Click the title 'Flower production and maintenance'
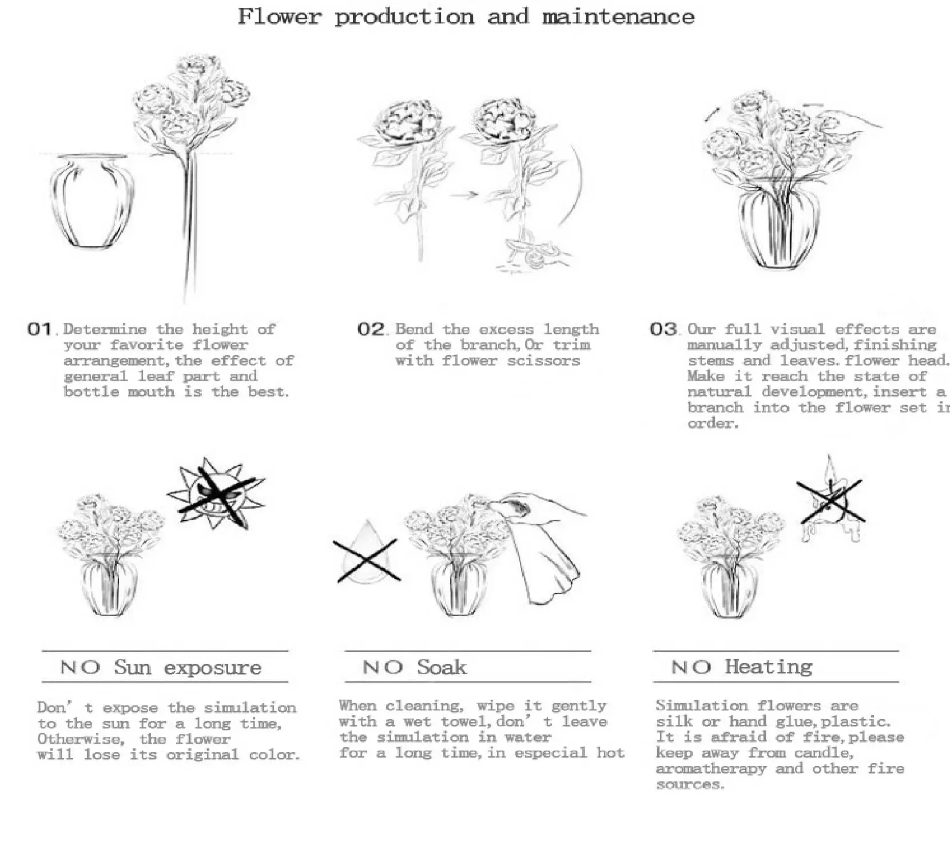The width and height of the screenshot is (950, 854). [x=466, y=17]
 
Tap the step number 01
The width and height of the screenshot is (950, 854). [x=39, y=329]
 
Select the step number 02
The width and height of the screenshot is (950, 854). [x=371, y=329]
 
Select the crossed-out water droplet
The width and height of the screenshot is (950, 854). [x=367, y=553]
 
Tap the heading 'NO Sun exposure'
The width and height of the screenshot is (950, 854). [x=161, y=667]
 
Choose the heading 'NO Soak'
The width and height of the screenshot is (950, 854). [x=415, y=667]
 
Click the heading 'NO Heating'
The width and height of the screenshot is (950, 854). [x=741, y=667]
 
